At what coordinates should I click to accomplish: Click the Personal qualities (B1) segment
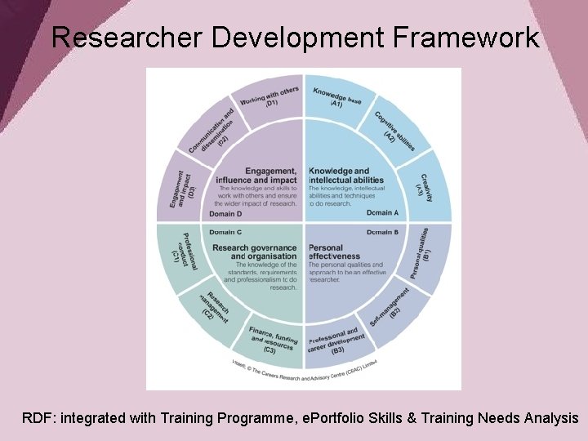coord(425,254)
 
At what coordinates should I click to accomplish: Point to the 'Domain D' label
coord(225,214)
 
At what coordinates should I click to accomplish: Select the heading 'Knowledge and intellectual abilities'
coord(345,176)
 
